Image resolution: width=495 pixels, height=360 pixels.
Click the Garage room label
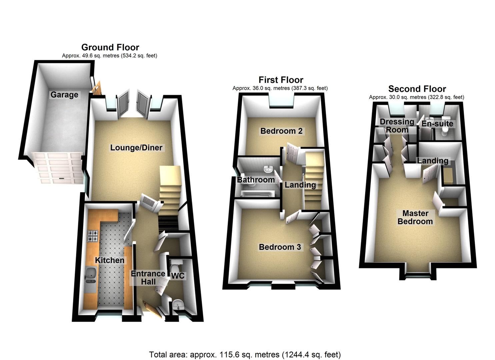coord(64,95)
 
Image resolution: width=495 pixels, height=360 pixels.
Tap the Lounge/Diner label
coord(136,148)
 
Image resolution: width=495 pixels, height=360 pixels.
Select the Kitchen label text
coord(110,260)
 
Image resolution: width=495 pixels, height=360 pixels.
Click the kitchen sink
coord(90,274)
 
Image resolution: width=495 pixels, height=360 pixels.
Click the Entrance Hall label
coord(148,278)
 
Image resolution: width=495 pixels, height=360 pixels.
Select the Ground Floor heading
coord(110,47)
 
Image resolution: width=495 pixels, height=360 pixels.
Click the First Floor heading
coord(281,80)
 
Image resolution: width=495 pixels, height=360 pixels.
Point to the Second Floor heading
coord(417,89)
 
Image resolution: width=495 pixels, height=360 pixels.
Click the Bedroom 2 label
coord(281,131)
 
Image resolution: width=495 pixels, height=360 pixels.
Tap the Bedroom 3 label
coord(280,247)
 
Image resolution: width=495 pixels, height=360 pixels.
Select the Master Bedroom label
coord(415,217)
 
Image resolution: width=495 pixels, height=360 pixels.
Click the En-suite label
coord(437,124)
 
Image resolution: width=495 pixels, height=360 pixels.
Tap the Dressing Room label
coord(397,126)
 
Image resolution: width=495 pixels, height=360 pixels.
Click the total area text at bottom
coord(245,354)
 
